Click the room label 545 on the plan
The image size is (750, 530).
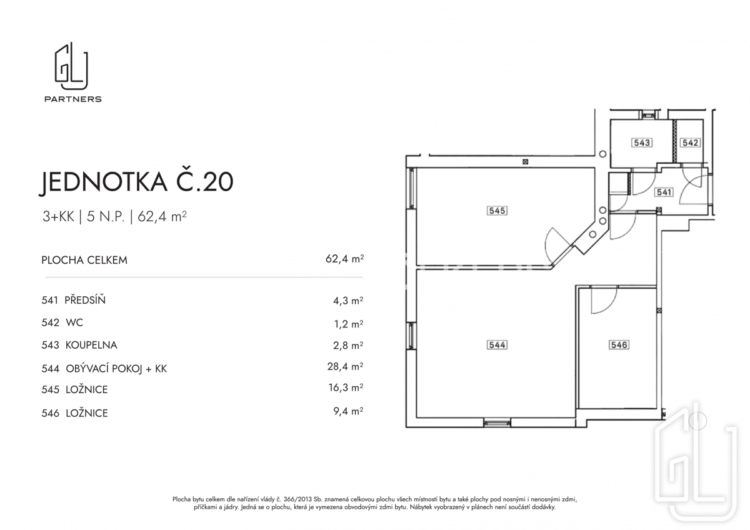497,211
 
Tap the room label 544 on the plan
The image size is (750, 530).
497,345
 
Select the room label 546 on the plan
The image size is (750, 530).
619,345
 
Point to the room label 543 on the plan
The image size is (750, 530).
642,143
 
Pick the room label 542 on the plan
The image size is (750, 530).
690,143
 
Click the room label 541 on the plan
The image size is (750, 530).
664,192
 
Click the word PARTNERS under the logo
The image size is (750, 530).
73,99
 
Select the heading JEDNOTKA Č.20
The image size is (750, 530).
136,182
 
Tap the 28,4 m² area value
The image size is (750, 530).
345,366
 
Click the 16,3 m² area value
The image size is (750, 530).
346,387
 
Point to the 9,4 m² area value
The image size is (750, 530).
348,411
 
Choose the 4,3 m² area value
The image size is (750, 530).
348,301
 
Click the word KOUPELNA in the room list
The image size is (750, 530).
91,345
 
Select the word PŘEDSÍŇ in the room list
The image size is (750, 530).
85,299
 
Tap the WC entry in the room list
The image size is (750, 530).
74,322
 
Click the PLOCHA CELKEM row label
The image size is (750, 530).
84,260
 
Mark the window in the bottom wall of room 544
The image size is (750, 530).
497,423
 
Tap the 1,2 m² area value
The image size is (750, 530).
349,324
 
